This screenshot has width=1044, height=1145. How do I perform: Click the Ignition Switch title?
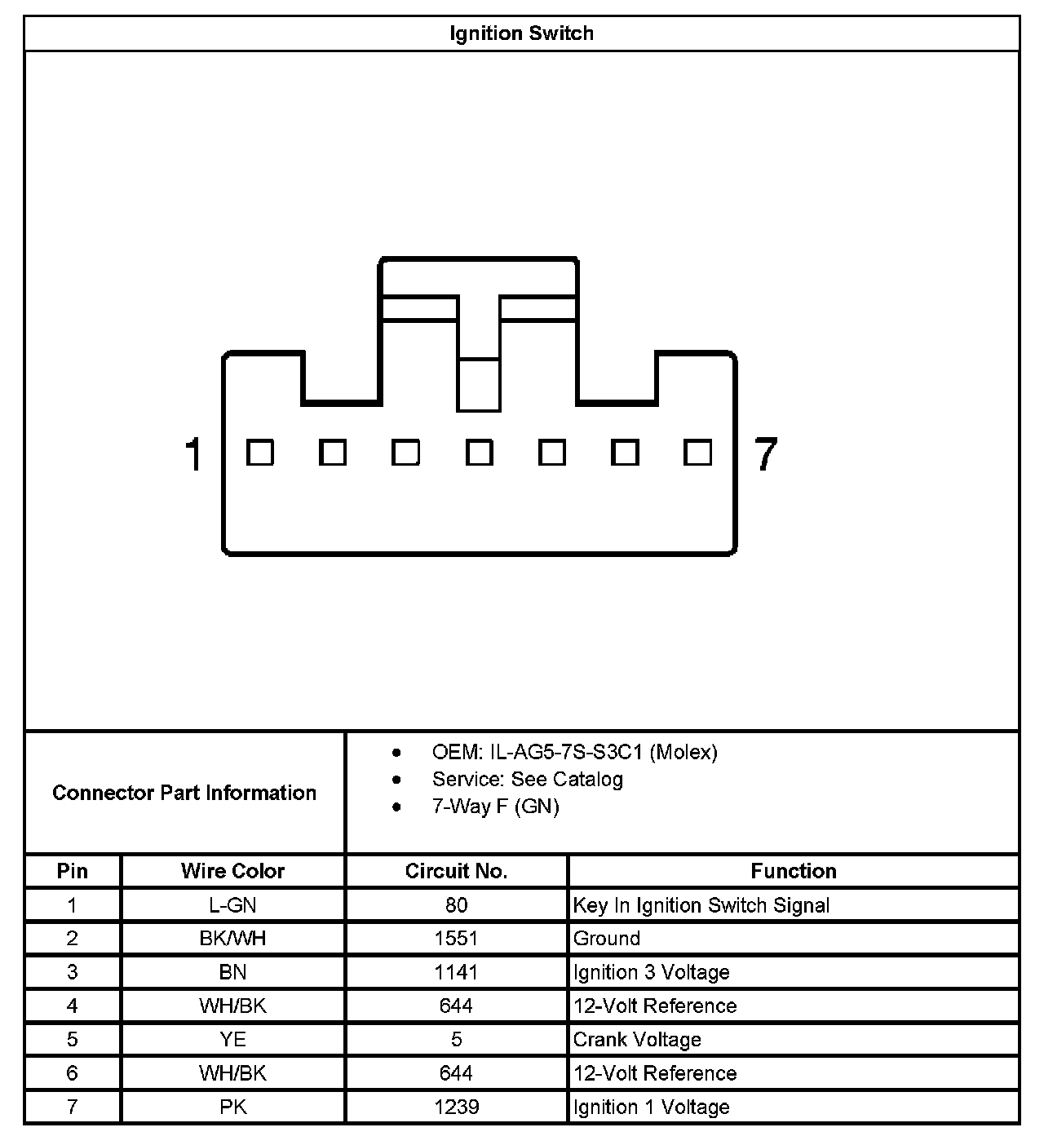pos(521,33)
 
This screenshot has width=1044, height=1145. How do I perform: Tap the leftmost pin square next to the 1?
pos(260,453)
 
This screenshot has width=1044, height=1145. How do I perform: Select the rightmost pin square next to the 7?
pos(697,453)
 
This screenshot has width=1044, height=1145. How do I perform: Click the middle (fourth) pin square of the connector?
pos(479,453)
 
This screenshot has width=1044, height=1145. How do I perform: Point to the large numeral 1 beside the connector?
pos(193,454)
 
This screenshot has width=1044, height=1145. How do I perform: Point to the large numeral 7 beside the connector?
pos(765,454)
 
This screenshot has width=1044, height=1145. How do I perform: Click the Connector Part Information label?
pos(184,793)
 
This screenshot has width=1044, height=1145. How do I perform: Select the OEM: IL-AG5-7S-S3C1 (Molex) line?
pos(574,752)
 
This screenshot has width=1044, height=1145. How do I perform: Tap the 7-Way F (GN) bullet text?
pos(495,807)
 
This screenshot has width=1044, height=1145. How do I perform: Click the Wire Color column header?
pos(232,871)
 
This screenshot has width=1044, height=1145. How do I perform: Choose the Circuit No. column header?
pos(456,871)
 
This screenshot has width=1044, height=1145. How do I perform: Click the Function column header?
pos(793,871)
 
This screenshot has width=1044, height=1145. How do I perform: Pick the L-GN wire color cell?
pos(232,905)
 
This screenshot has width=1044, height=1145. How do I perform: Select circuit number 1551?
pos(456,939)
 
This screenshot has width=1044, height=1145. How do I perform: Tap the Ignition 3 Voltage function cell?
pos(651,972)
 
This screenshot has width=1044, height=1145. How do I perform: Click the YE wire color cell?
pos(232,1040)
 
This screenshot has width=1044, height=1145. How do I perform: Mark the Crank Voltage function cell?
pos(637,1040)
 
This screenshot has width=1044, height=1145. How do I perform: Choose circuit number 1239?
pos(456,1107)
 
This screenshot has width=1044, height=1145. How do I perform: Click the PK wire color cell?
pos(232,1107)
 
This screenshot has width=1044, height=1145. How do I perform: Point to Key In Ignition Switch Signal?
pos(701,905)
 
